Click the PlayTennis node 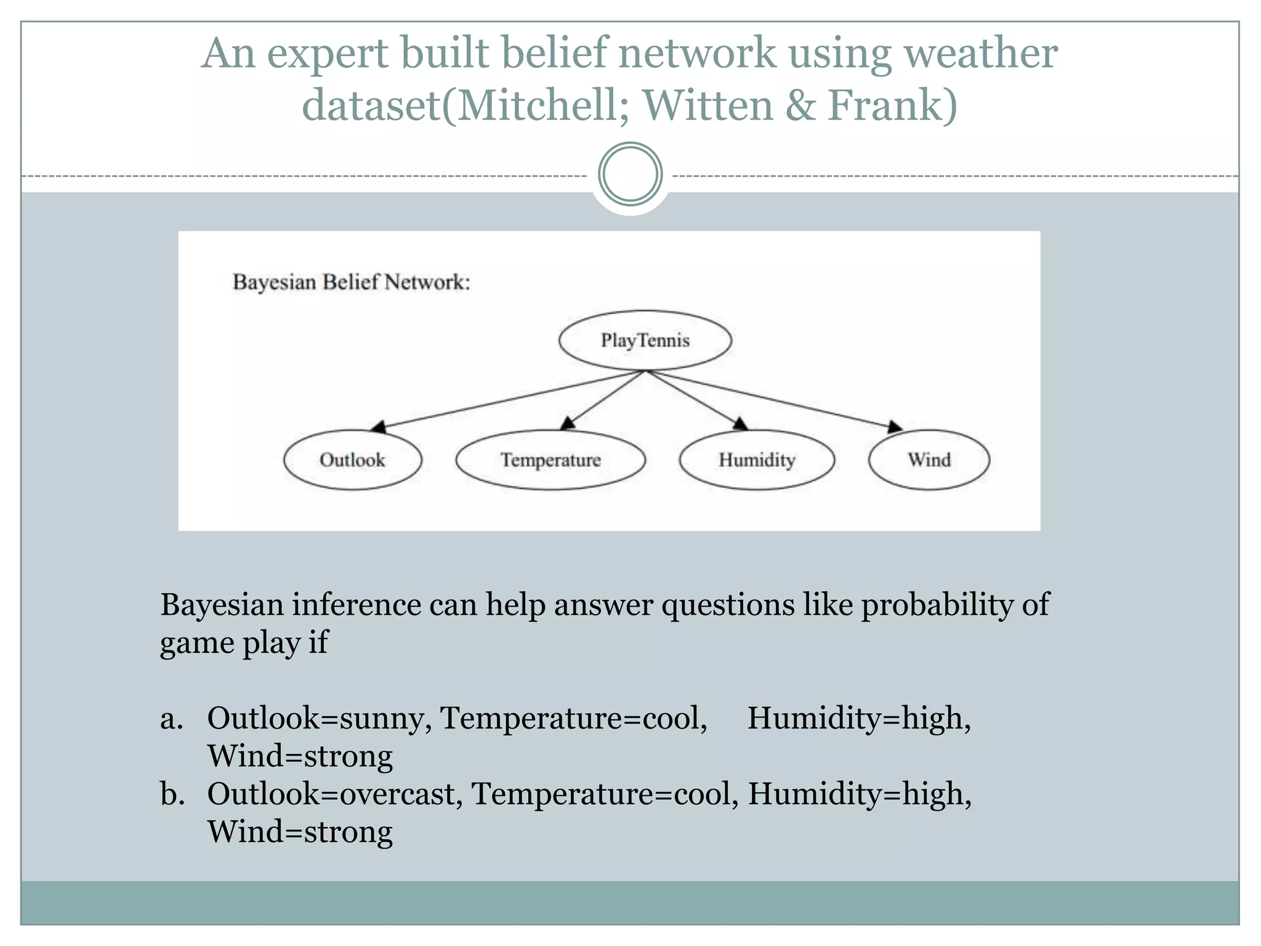(645, 340)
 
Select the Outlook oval (352, 459)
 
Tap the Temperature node (550, 459)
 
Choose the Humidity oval (757, 459)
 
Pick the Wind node (929, 459)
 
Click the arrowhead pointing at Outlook (379, 426)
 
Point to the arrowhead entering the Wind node (896, 426)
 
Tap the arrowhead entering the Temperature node (568, 423)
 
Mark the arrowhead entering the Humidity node (740, 423)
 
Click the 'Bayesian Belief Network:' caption (351, 282)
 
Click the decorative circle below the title (630, 174)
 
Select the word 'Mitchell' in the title (538, 105)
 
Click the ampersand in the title (799, 105)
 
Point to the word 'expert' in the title (327, 53)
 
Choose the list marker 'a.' (172, 718)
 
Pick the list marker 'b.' (172, 793)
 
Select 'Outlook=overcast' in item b (334, 793)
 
